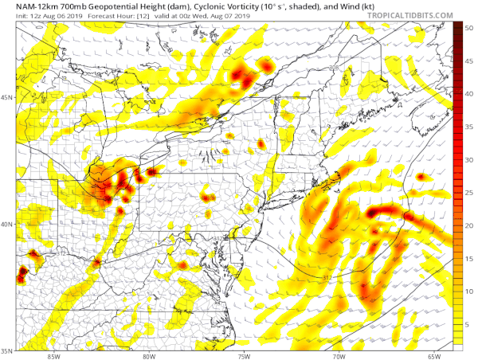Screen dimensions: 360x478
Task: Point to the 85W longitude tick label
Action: (53, 355)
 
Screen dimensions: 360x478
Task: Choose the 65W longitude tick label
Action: (433, 355)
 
